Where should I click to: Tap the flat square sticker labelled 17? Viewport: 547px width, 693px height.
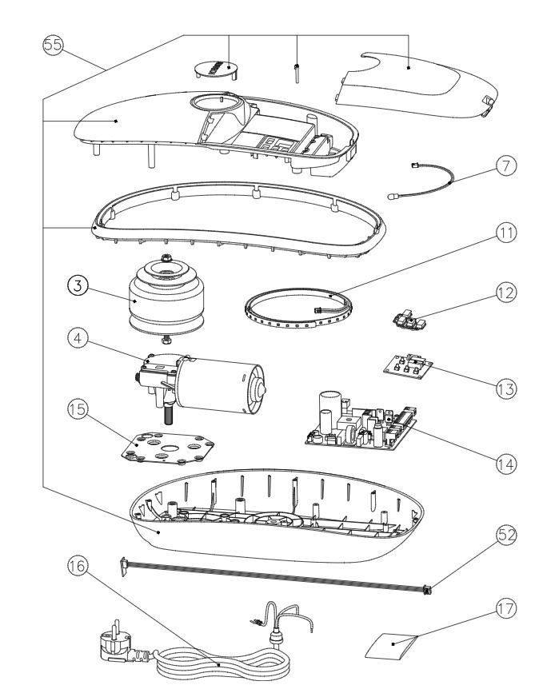pyautogui.click(x=393, y=643)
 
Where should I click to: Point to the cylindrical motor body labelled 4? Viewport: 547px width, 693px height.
pyautogui.click(x=228, y=386)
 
